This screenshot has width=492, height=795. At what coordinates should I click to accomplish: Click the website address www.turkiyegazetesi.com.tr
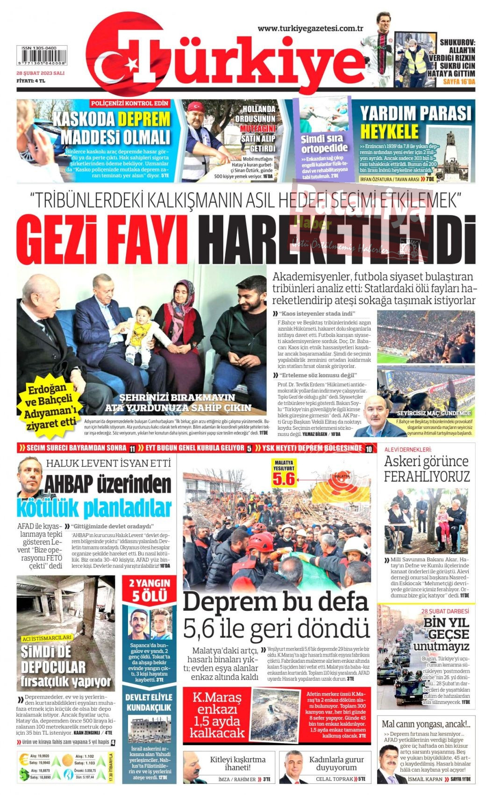pyautogui.click(x=310, y=29)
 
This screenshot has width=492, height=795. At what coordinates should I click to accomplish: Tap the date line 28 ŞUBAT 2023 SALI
pyautogui.click(x=40, y=73)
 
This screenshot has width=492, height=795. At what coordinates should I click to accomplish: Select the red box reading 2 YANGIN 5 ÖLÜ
pyautogui.click(x=150, y=590)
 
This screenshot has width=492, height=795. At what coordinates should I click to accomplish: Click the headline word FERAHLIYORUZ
pyautogui.click(x=427, y=477)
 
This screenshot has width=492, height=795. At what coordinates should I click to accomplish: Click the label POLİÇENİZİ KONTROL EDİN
pyautogui.click(x=129, y=103)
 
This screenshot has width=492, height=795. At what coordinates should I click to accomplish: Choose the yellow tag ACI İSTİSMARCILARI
pyautogui.click(x=47, y=637)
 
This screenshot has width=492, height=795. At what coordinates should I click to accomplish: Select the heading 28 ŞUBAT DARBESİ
pyautogui.click(x=444, y=611)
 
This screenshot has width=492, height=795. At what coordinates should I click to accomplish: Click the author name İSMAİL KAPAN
pyautogui.click(x=425, y=779)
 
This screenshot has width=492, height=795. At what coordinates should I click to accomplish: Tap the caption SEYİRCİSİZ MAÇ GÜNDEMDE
pyautogui.click(x=433, y=413)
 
